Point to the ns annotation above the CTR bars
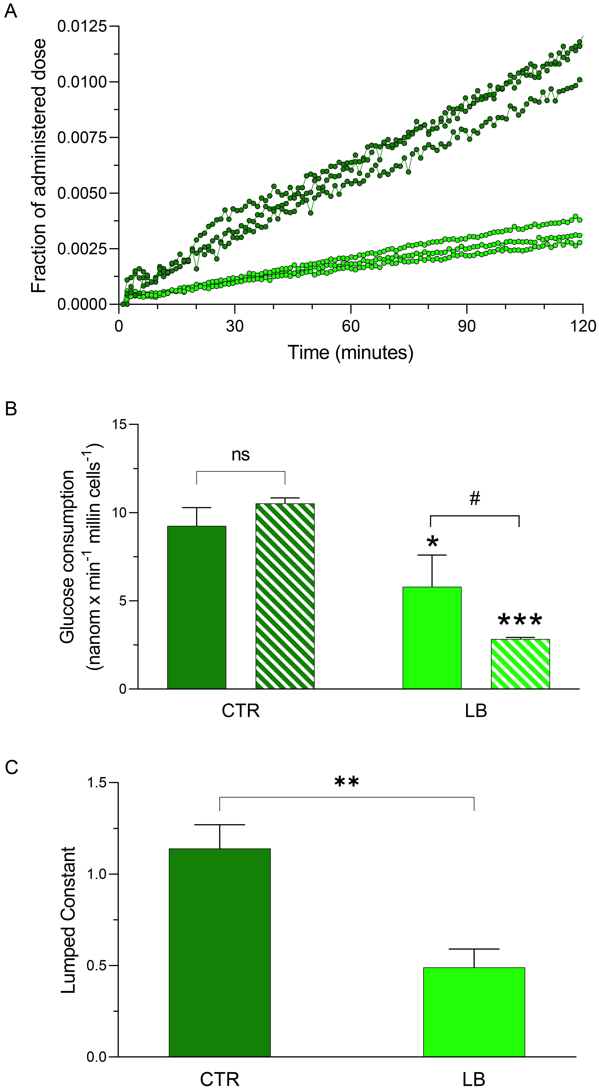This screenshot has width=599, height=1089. click(x=241, y=455)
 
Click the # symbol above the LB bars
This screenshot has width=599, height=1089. click(x=475, y=499)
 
